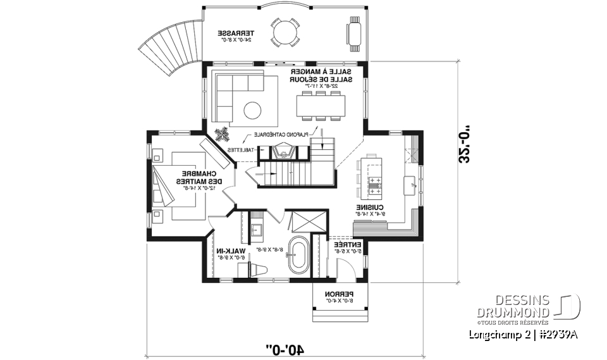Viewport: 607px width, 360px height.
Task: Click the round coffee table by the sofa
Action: [253, 110]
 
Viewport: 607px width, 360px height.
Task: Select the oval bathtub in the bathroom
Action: [297, 256]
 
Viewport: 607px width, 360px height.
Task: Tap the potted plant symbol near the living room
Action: [222, 134]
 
